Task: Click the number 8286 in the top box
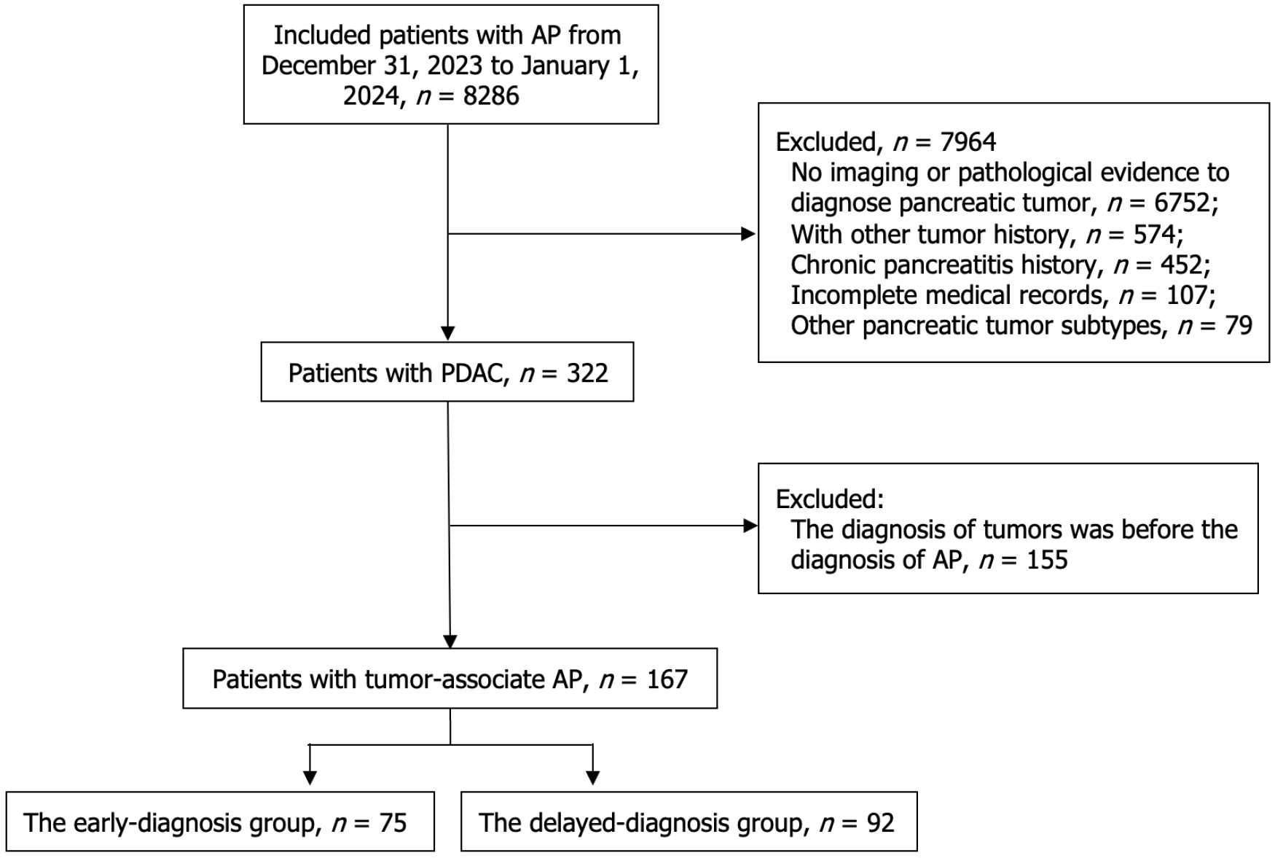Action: [491, 96]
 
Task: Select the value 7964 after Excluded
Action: [968, 142]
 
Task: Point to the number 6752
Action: [1182, 203]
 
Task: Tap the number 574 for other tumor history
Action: [1155, 234]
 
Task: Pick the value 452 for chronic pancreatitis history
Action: [1182, 265]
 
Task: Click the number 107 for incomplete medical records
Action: [1187, 295]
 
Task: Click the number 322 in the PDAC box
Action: [586, 373]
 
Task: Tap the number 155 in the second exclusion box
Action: [1047, 560]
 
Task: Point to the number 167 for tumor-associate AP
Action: [667, 679]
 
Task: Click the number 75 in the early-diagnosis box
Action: [393, 823]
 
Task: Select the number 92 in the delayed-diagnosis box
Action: [880, 823]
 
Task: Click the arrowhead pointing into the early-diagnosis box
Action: [310, 778]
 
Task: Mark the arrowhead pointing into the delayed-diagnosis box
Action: [593, 778]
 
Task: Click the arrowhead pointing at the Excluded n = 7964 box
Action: [748, 234]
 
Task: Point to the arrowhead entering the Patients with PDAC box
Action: [448, 333]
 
